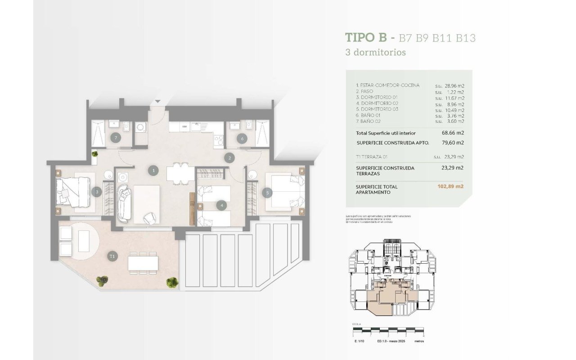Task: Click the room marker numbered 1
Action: [154, 171]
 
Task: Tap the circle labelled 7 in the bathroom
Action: [116, 138]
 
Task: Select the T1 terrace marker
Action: [112, 256]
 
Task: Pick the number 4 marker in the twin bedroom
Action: [221, 206]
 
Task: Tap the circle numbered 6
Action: [242, 139]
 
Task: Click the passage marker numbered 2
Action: [229, 157]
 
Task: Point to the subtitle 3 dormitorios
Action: [375, 52]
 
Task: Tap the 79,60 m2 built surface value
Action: [453, 143]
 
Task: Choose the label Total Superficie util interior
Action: [386, 133]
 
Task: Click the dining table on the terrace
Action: [143, 262]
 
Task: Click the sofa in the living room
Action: [124, 203]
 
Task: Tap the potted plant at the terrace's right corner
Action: [172, 282]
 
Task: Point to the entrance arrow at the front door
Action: [157, 102]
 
